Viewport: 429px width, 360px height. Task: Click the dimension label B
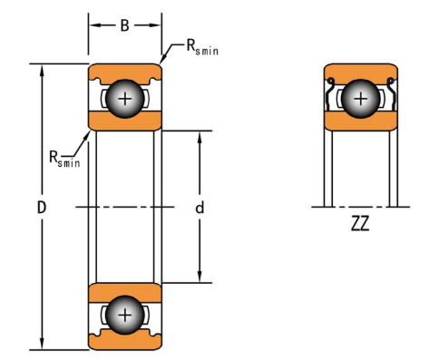click(x=124, y=25)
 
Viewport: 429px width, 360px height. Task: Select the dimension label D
click(x=42, y=208)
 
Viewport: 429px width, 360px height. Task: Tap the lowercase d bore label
click(x=200, y=208)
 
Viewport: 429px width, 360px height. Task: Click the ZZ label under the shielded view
click(x=360, y=224)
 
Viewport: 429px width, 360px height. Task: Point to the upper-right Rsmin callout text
click(x=202, y=47)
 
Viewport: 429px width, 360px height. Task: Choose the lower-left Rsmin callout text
click(x=64, y=159)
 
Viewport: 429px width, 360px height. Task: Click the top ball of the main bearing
click(x=125, y=99)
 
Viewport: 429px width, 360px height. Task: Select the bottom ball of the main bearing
click(x=125, y=316)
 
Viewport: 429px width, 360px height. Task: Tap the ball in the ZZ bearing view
click(x=361, y=99)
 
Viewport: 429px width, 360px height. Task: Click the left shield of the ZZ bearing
click(x=329, y=94)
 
